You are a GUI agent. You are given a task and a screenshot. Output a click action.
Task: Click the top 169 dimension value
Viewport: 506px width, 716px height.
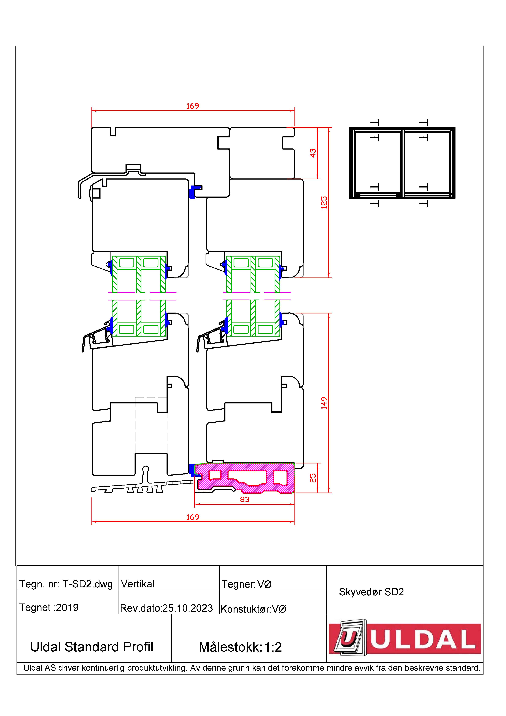193,106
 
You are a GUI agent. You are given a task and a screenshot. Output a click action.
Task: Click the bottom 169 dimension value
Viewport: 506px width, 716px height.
193,517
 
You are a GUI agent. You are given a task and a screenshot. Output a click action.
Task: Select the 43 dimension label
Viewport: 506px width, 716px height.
313,153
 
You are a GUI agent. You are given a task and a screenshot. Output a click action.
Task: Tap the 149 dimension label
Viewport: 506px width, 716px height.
324,403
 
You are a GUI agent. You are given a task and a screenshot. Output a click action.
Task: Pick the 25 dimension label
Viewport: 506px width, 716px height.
313,478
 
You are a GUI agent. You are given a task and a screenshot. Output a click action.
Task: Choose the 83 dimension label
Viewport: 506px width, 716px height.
245,500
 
